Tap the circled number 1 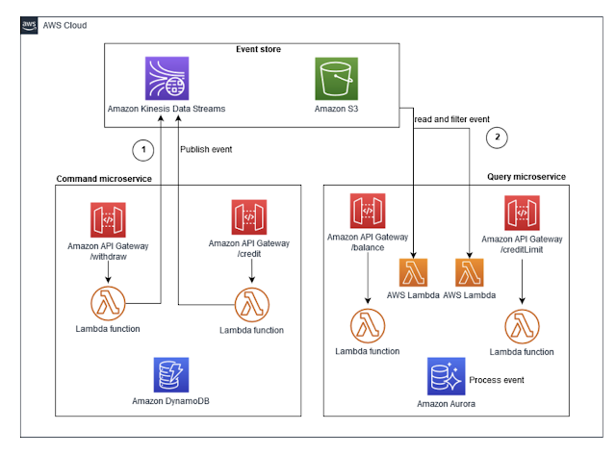pyautogui.click(x=143, y=150)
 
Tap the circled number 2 pyautogui.click(x=497, y=137)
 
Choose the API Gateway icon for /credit pyautogui.click(x=249, y=218)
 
